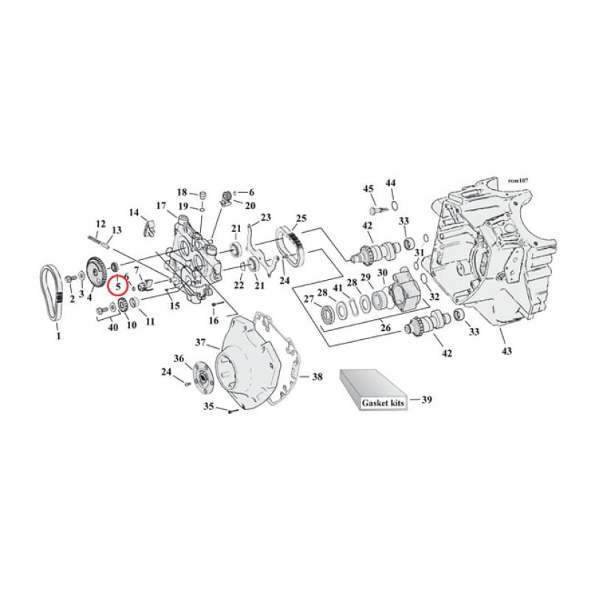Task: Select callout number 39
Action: click(426, 400)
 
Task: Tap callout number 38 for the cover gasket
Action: click(317, 377)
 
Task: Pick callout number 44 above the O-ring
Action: click(392, 182)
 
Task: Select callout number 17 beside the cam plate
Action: click(160, 205)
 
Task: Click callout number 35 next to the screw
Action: click(208, 407)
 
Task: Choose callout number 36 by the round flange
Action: click(178, 358)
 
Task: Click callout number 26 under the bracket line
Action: click(385, 327)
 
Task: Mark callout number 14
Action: click(134, 213)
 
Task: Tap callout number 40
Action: click(112, 327)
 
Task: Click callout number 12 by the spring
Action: click(101, 223)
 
